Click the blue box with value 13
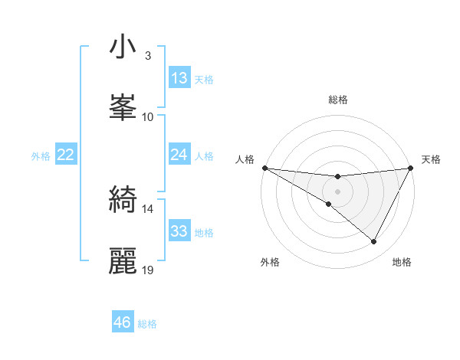179,78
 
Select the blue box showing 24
179,155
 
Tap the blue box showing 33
179,231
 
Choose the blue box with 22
66,155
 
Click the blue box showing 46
123,322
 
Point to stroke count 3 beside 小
147,56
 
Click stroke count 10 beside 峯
148,116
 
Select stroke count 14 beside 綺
148,208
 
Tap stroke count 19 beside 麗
148,270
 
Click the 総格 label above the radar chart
338,100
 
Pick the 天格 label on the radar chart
432,159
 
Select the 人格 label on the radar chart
245,159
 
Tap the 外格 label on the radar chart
270,262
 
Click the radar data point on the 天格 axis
411,168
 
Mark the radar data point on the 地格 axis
374,242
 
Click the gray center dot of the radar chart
337,191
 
